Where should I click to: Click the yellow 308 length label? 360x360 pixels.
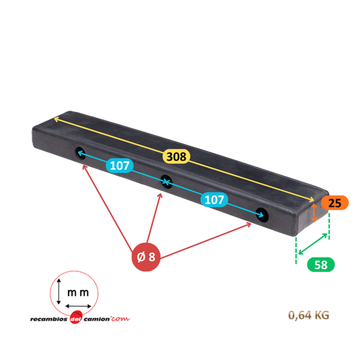pos(177,156)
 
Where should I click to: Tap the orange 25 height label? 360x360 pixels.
pos(335,203)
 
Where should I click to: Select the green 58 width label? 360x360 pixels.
pos(321,264)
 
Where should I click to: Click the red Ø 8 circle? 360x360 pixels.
pos(146,257)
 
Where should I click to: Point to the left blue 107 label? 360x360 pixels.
pos(120,165)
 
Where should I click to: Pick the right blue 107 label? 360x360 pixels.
pos(215,199)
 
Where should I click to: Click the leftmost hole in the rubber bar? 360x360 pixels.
pos(80,153)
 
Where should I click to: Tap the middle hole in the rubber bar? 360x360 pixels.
pos(166,181)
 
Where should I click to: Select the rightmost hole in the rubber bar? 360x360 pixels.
pos(262,215)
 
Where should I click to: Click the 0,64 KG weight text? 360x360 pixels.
pos(309,315)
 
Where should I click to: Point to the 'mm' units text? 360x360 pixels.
pos(78,293)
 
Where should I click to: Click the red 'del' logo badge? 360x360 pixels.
pos(76,318)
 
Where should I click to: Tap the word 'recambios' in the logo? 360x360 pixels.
pos(48,319)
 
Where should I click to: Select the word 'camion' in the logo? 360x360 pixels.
pos(97,319)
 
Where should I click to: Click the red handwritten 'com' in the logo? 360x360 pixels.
pos(120,318)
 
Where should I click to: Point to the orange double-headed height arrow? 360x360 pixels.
pos(314,213)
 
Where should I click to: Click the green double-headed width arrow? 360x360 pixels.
pos(313,244)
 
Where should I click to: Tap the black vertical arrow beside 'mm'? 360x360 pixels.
pos(59,291)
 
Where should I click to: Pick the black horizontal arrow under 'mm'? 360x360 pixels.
pos(78,306)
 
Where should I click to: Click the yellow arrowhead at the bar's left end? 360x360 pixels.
pos(56,120)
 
